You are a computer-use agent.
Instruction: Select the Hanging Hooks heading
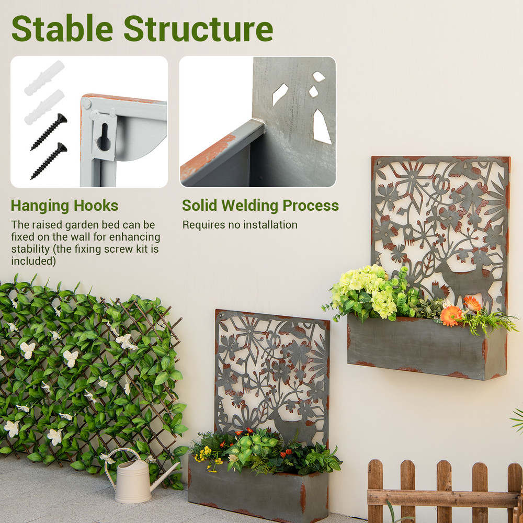pos(64,206)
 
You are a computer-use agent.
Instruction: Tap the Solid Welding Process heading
pos(260,206)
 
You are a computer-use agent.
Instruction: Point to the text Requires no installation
pos(240,225)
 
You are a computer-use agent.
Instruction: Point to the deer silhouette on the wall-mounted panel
pos(463,280)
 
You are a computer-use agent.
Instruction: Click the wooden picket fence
pos(445,492)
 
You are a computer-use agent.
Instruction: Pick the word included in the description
pos(33,261)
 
